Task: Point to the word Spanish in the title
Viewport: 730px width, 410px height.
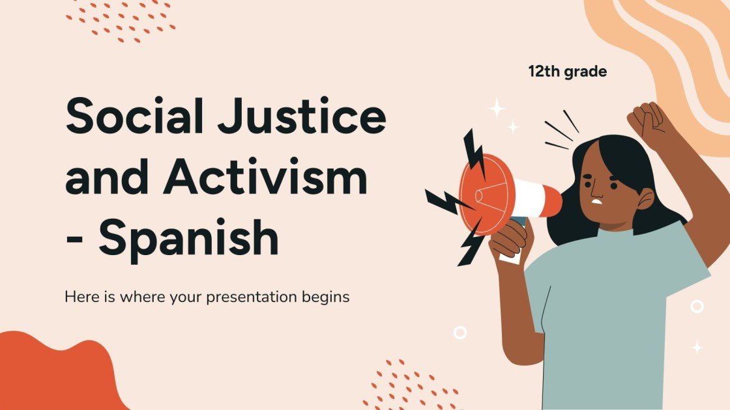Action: [x=189, y=239]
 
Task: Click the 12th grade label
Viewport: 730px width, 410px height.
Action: [x=567, y=72]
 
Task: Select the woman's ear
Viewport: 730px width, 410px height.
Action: [x=645, y=199]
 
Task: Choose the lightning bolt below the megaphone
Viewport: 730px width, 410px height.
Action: [x=471, y=243]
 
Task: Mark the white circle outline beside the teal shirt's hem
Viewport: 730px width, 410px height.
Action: [x=460, y=333]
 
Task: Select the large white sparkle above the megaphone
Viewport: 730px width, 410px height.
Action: [x=497, y=107]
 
